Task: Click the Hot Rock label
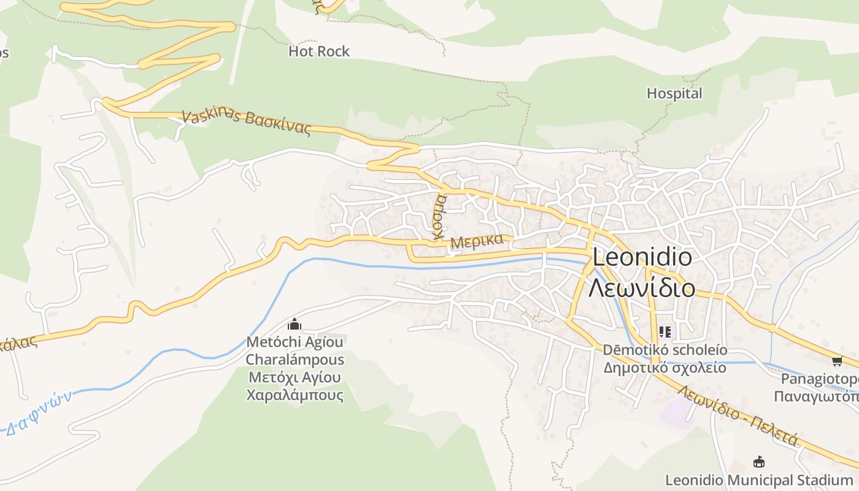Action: pyautogui.click(x=319, y=52)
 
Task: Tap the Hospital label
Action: pyautogui.click(x=674, y=94)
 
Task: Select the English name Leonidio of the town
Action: pyautogui.click(x=642, y=257)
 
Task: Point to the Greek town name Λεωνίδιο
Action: pyautogui.click(x=642, y=287)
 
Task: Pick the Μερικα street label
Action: pyautogui.click(x=477, y=241)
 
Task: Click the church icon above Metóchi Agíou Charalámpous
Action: pyautogui.click(x=295, y=325)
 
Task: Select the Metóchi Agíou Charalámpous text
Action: pyautogui.click(x=295, y=350)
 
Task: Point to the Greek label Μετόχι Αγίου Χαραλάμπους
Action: pyautogui.click(x=295, y=386)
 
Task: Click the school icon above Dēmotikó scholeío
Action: pyautogui.click(x=664, y=332)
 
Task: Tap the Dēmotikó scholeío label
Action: pyautogui.click(x=665, y=350)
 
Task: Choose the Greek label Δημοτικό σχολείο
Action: pyautogui.click(x=665, y=368)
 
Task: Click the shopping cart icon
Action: pyautogui.click(x=837, y=360)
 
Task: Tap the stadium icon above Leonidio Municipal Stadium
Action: pyautogui.click(x=759, y=462)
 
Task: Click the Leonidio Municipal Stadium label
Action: pyautogui.click(x=759, y=480)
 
